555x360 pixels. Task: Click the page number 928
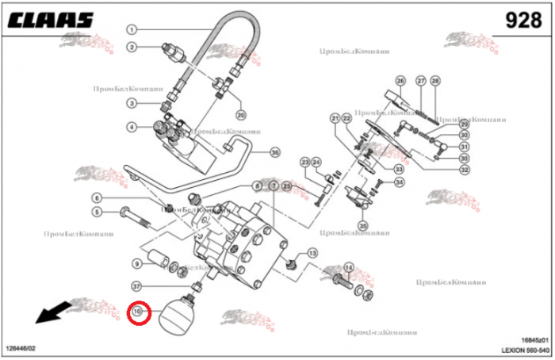coord(524,19)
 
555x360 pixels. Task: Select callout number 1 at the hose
coord(132,29)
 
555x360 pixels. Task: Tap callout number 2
coord(132,47)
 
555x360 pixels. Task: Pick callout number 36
coord(275,152)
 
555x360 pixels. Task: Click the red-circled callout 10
coord(139,312)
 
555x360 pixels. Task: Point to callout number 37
coord(137,286)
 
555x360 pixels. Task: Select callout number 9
coord(137,263)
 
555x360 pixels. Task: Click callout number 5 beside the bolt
coord(97,212)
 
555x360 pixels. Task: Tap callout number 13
coord(312,253)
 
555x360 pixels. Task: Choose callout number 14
coord(348,267)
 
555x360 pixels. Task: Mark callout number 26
coord(400,81)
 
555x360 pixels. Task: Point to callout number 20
coord(241,116)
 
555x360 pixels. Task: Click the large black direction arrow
coord(50,313)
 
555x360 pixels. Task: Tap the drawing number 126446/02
coord(22,349)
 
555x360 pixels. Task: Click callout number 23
coord(304,163)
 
